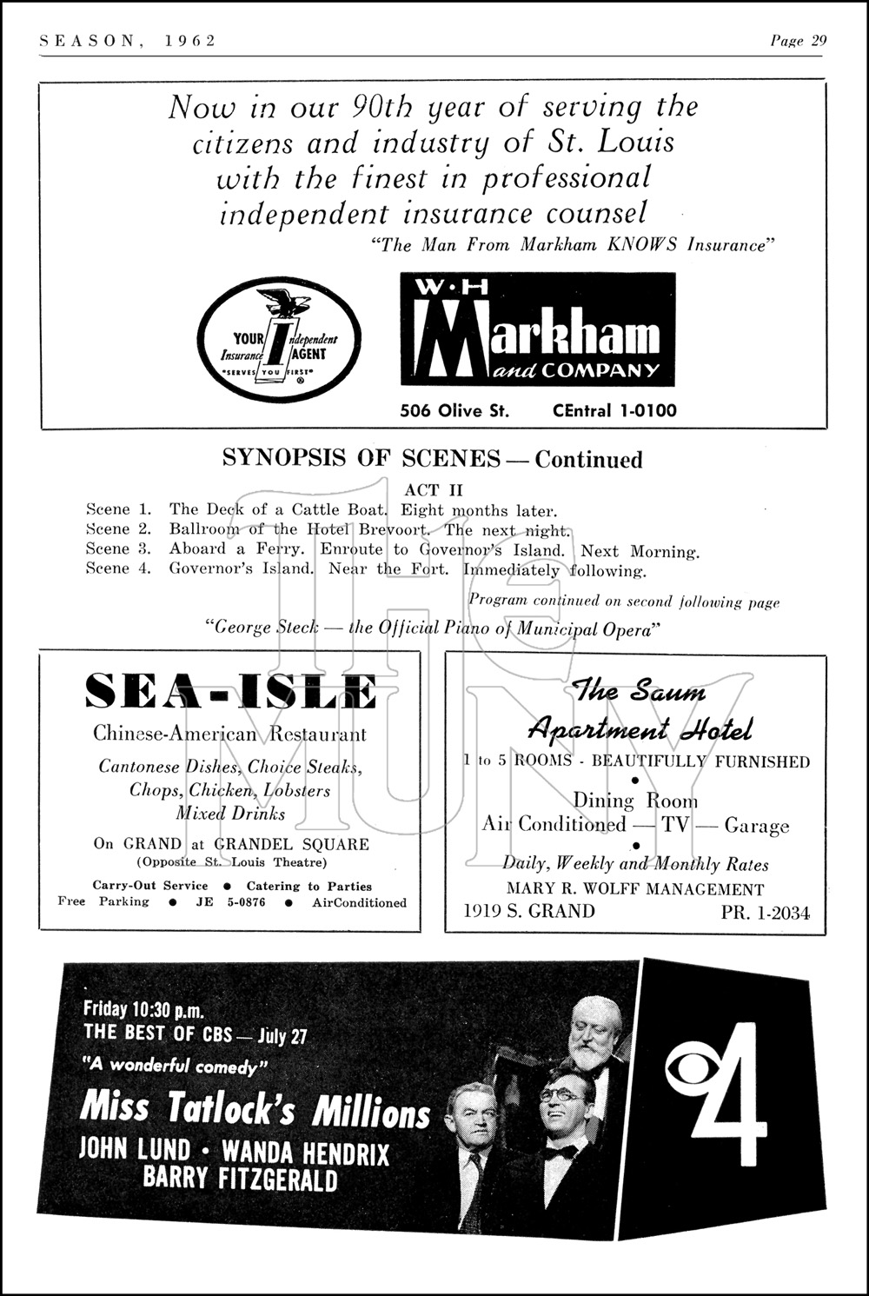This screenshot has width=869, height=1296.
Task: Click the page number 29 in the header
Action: click(818, 41)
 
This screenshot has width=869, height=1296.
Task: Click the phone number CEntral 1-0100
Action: click(614, 411)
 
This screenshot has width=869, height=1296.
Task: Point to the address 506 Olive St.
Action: click(454, 411)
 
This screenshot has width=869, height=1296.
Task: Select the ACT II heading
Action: click(434, 490)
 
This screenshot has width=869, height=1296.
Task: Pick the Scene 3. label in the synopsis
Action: click(118, 549)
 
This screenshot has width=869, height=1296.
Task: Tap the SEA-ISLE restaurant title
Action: click(231, 692)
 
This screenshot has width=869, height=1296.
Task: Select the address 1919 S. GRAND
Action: click(529, 911)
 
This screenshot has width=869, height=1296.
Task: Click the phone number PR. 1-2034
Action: click(765, 913)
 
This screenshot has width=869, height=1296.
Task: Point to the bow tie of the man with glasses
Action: click(561, 1153)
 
